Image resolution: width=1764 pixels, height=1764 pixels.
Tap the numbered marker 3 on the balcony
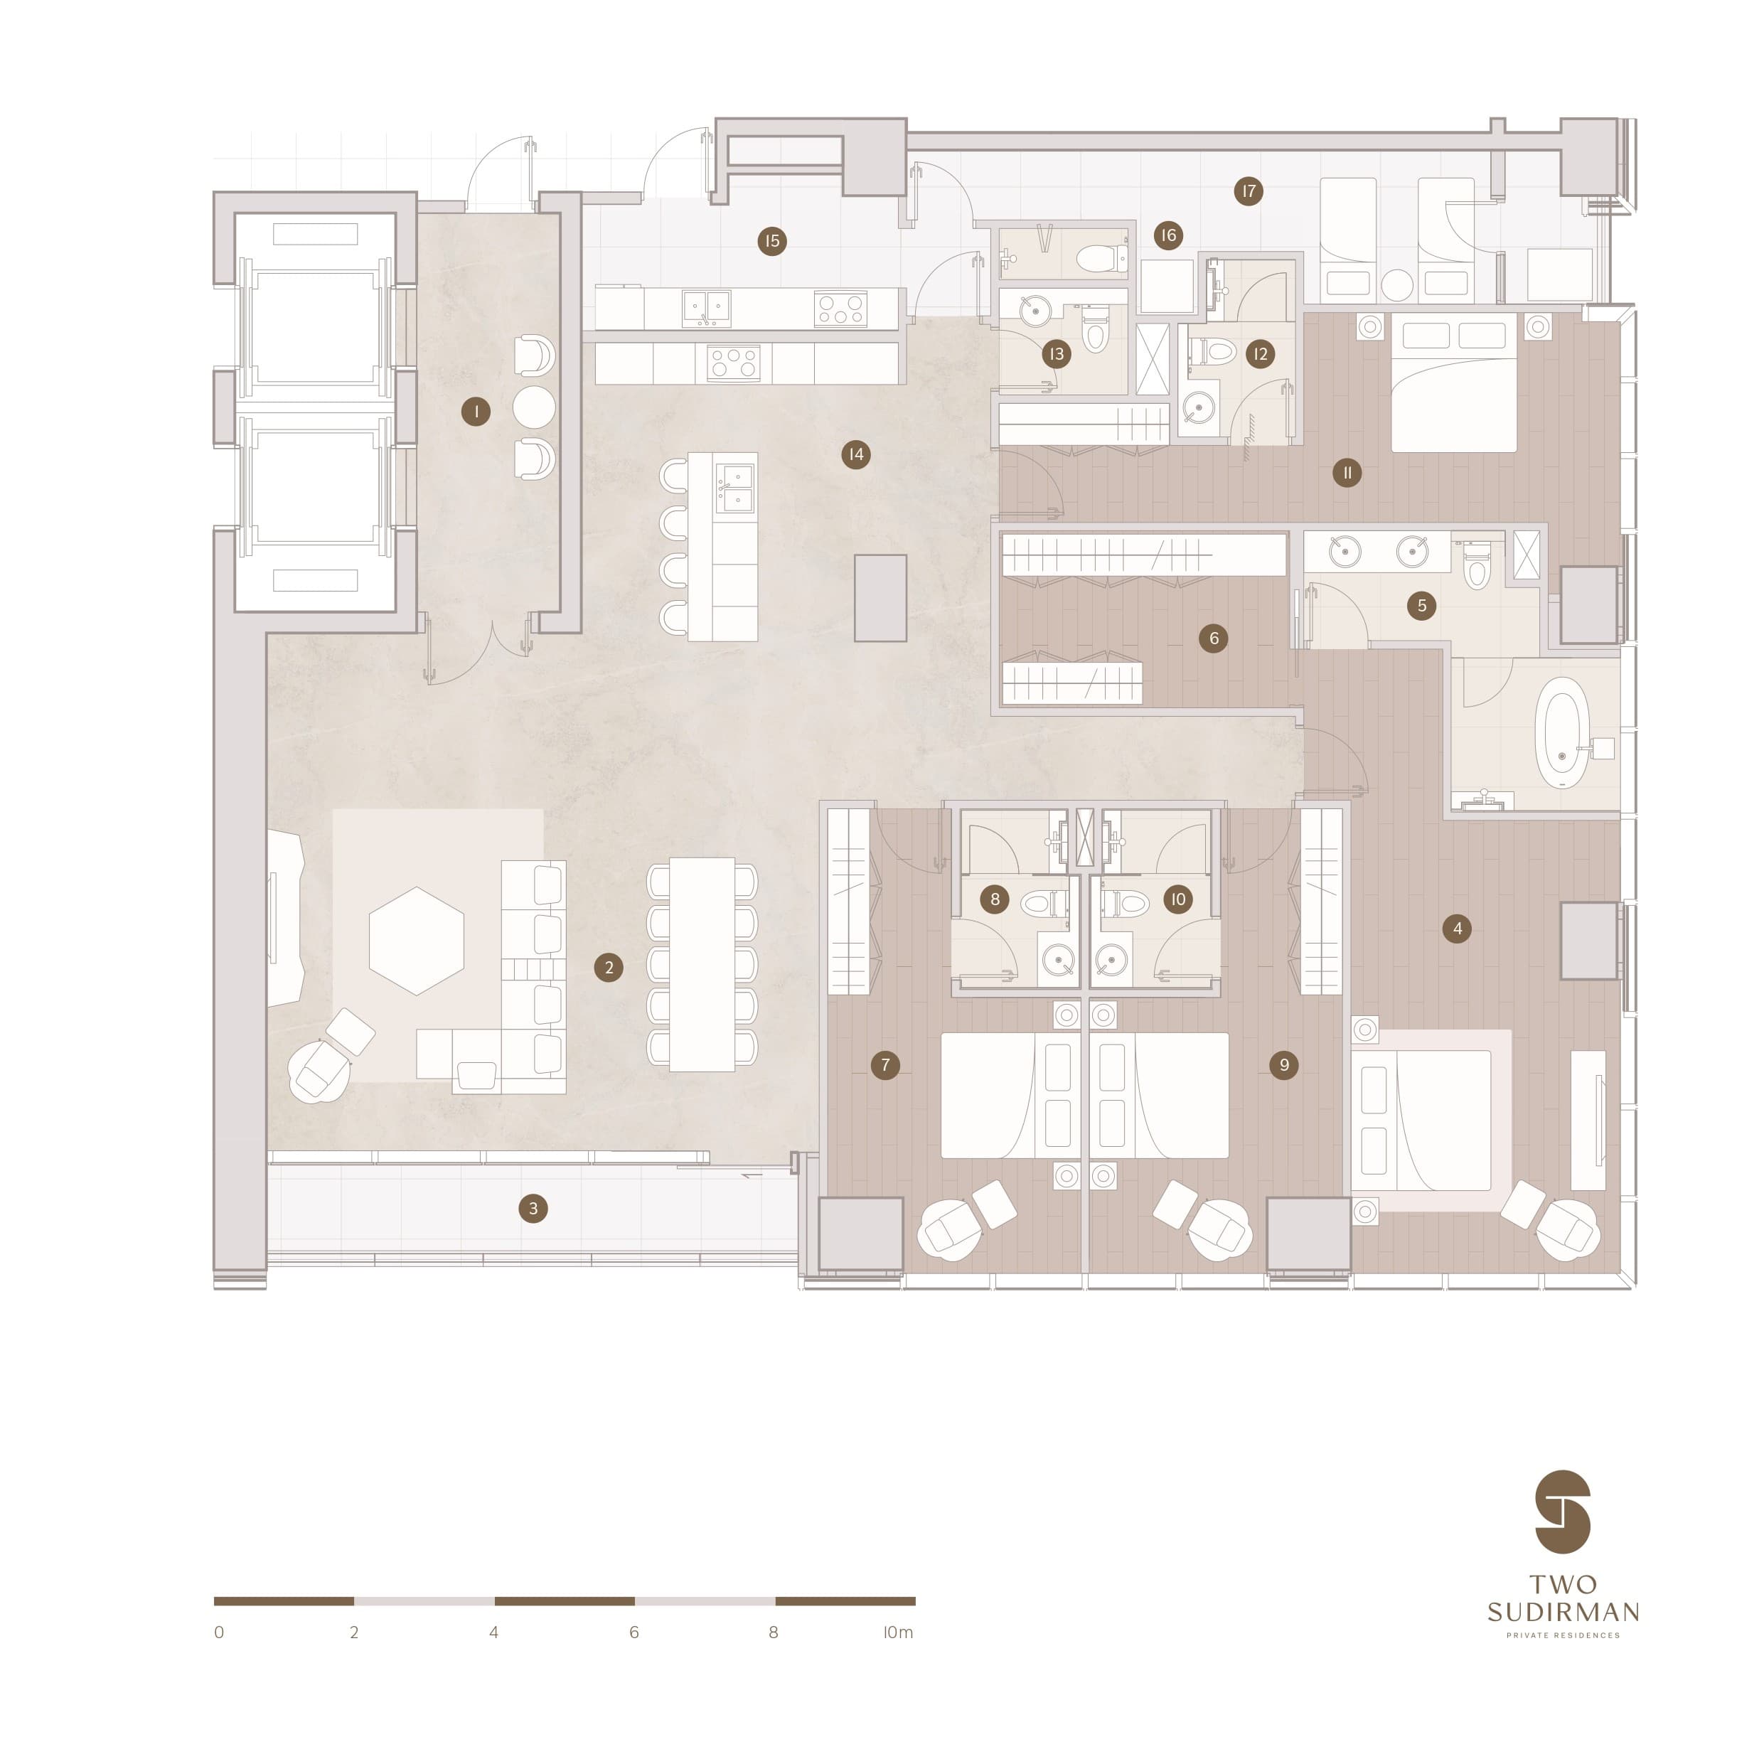pyautogui.click(x=533, y=1208)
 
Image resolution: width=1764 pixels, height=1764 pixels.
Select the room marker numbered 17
pyautogui.click(x=1248, y=191)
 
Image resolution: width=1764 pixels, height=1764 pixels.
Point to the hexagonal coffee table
pyautogui.click(x=417, y=941)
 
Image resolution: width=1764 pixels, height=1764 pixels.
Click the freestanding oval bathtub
pyautogui.click(x=1562, y=732)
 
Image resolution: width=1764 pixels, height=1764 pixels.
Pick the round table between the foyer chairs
pyautogui.click(x=534, y=407)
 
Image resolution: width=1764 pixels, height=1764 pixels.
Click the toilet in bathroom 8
pyautogui.click(x=1044, y=903)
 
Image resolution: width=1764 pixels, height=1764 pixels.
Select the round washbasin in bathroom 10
pyautogui.click(x=1111, y=961)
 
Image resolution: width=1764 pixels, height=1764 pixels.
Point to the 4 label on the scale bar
pyautogui.click(x=494, y=1632)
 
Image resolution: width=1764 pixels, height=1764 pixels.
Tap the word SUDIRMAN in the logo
pyautogui.click(x=1563, y=1612)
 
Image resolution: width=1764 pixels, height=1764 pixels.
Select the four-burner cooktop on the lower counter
pyautogui.click(x=734, y=363)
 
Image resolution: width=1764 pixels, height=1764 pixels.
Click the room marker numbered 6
pyautogui.click(x=1214, y=638)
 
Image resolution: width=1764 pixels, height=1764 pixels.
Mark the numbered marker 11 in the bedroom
pyautogui.click(x=1347, y=472)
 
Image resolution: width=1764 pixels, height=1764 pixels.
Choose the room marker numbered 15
pyautogui.click(x=772, y=241)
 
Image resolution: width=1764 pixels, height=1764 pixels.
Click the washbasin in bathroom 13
pyautogui.click(x=1035, y=311)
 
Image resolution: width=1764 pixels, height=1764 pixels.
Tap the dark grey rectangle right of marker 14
pyautogui.click(x=880, y=598)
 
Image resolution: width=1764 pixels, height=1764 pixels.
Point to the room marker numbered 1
pyautogui.click(x=476, y=412)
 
